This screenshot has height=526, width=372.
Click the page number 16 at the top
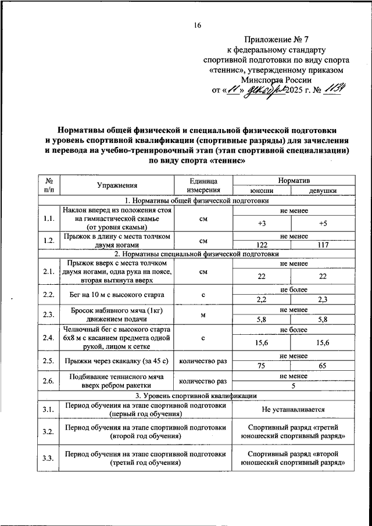point(198,25)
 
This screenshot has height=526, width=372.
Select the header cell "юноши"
point(261,190)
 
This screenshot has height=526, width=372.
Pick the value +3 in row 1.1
point(261,223)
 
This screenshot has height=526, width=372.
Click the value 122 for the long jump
point(261,245)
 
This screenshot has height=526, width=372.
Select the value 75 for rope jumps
point(261,366)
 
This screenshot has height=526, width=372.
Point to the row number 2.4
point(48,338)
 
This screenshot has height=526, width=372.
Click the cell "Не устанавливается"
point(292,409)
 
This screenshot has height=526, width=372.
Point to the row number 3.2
point(48,431)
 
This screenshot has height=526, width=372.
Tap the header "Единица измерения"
point(203,185)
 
